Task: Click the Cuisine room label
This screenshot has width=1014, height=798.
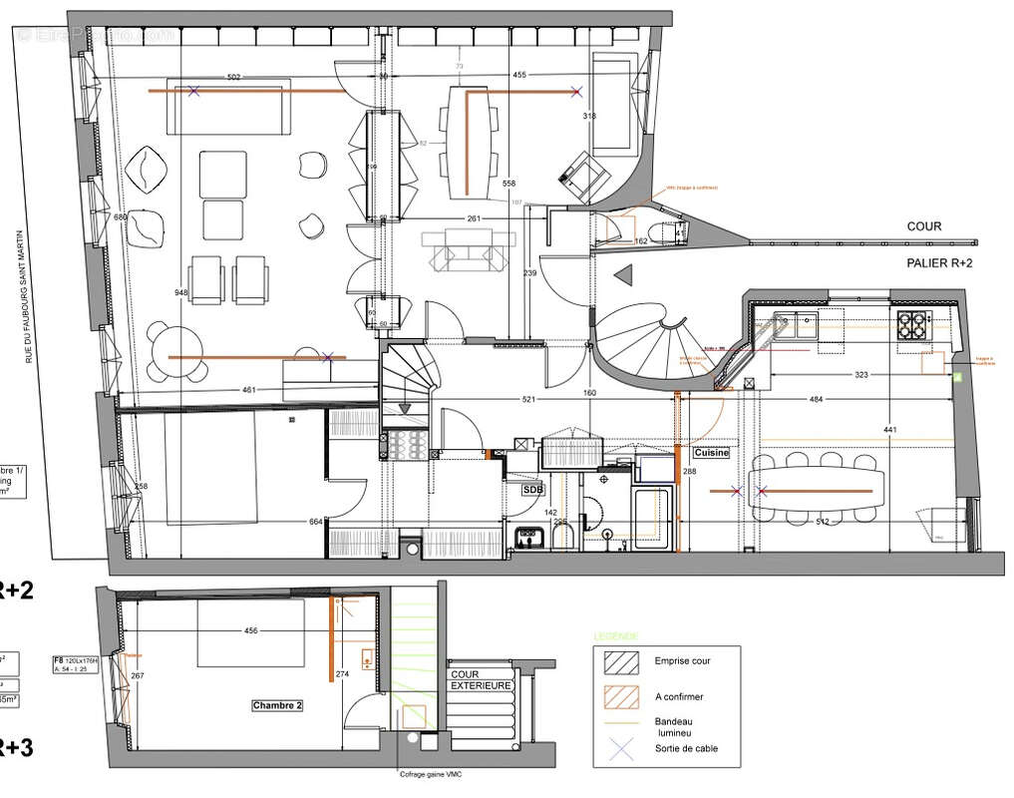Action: coord(712,453)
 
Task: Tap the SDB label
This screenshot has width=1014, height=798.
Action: coord(533,490)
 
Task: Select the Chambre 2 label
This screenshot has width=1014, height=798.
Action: coord(277,705)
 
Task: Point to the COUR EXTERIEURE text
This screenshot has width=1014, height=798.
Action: coord(482,679)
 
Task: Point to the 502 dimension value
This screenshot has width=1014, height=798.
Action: coord(234,77)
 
